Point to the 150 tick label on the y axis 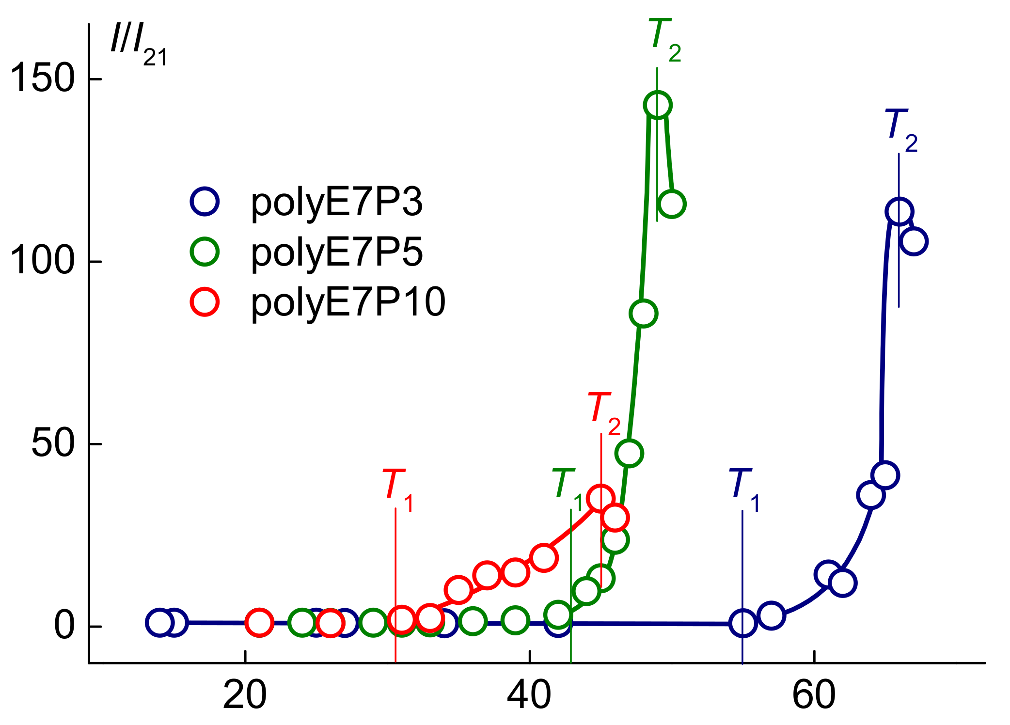coord(43,79)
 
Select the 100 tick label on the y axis coord(43,261)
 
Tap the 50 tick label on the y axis coord(53,443)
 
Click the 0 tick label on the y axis coord(64,626)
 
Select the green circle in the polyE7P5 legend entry coord(205,252)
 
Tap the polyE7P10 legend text coord(348,302)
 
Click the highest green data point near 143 coord(657,105)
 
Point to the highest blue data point coord(899,211)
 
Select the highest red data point coord(600,498)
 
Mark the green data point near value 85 coord(643,314)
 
